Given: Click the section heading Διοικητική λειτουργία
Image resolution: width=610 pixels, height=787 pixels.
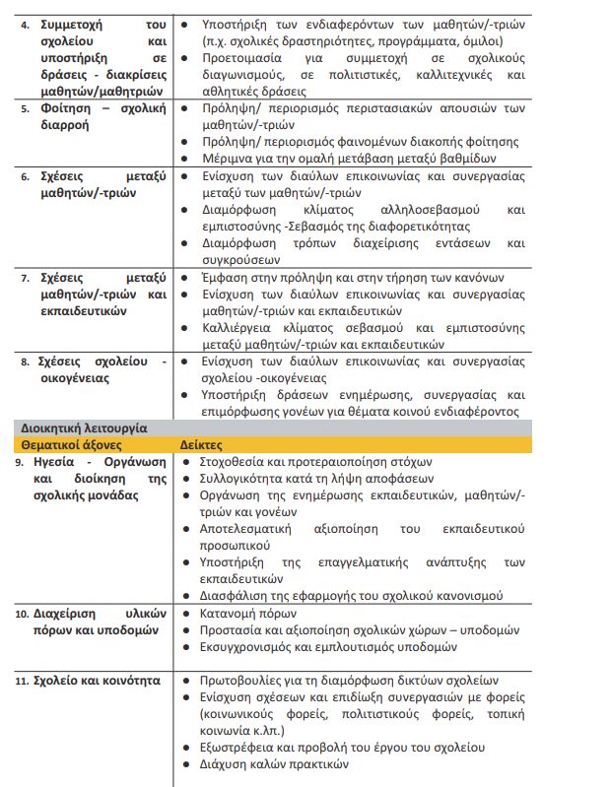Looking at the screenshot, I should point(84,428).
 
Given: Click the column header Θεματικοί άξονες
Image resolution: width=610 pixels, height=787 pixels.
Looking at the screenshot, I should point(70,445).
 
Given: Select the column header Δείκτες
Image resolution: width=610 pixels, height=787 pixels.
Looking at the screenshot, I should point(201,445).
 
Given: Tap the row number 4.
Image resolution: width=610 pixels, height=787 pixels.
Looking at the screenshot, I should point(26,21).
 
